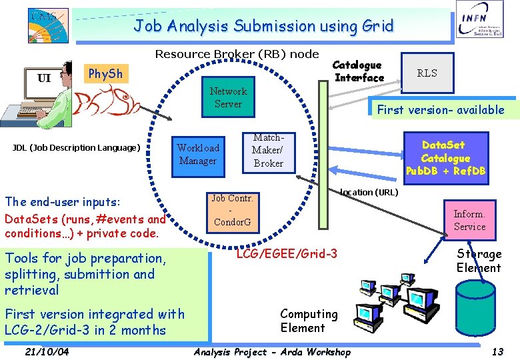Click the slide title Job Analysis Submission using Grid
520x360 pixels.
pos(263,26)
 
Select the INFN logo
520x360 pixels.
pos(479,28)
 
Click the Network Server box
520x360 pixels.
pos(228,97)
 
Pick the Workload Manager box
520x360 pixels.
pos(197,155)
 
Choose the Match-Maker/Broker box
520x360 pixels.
pos(268,151)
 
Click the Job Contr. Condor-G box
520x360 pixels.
pos(231,210)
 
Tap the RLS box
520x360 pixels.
pos(427,73)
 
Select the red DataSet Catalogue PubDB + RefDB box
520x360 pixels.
pos(445,158)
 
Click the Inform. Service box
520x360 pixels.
pos(469,221)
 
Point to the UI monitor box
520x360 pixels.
pos(44,79)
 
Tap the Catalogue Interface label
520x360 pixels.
pos(359,71)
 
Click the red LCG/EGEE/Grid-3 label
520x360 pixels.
pos(287,254)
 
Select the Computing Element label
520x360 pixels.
pos(309,321)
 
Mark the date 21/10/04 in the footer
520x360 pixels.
pos(46,351)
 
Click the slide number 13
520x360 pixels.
pos(497,351)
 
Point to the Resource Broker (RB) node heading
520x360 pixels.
pos(237,54)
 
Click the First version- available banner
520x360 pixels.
pos(441,110)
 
